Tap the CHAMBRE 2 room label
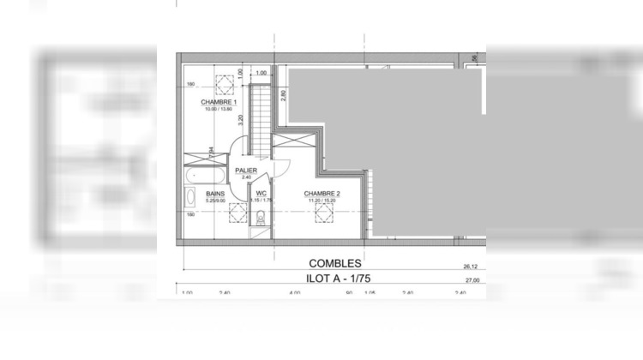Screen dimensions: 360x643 (322, 194)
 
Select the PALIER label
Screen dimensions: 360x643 (247, 171)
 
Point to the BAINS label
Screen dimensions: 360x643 (216, 194)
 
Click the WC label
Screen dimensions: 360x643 (261, 194)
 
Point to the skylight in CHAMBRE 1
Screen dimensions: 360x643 (225, 85)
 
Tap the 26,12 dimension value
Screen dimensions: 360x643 (469, 266)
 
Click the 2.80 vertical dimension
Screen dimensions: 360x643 (282, 94)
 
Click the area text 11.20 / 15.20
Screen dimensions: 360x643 (322, 201)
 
